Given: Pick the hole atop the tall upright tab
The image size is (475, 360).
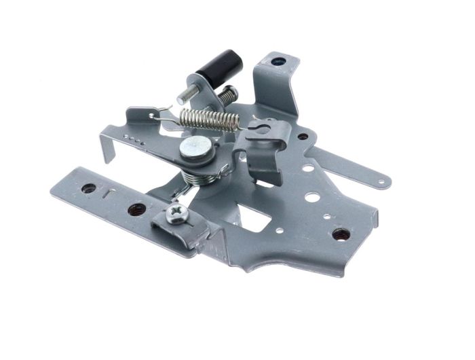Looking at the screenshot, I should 278,62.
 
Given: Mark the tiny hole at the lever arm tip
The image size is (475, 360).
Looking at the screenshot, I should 383,181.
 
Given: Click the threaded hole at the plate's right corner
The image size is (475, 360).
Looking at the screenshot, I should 341,234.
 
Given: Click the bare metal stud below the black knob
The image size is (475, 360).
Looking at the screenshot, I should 186,95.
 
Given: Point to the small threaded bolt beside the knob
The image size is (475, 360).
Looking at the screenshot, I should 227,94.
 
